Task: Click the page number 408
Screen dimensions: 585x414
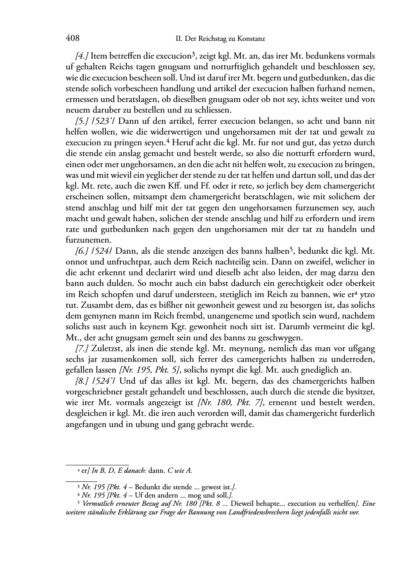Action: tap(72, 39)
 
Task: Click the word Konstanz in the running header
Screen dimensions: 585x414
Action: tap(251, 39)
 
